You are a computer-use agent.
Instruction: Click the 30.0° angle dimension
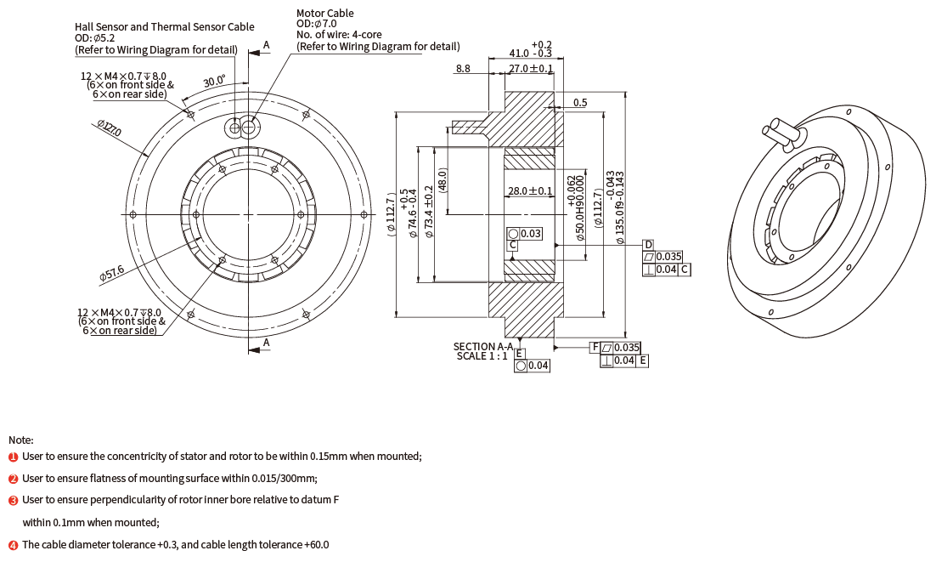click(214, 82)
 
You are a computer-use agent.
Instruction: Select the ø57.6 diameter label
click(111, 273)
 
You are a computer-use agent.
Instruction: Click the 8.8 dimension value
click(463, 68)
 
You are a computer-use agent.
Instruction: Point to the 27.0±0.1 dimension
click(530, 68)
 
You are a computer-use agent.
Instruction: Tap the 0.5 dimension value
click(580, 103)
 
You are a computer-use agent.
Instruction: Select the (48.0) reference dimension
click(443, 182)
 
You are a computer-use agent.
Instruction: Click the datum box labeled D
click(648, 245)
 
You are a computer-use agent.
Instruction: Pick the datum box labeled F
click(595, 347)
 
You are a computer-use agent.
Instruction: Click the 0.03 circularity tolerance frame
click(524, 233)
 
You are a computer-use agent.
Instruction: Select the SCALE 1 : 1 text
click(482, 356)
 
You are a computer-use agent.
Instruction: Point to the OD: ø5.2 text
click(94, 38)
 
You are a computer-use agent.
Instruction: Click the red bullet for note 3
click(13, 501)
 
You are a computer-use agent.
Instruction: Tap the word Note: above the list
click(21, 440)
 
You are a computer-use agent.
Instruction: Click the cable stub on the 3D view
click(781, 131)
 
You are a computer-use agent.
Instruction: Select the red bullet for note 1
click(13, 457)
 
